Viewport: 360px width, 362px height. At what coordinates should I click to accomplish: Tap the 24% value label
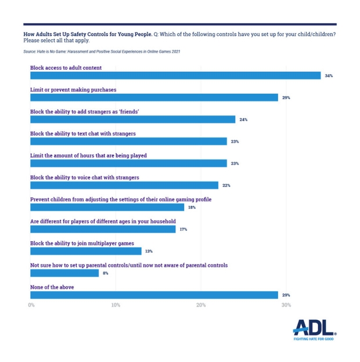243,120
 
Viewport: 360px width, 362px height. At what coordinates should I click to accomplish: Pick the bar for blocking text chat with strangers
128,141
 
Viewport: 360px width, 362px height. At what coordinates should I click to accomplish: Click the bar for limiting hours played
128,163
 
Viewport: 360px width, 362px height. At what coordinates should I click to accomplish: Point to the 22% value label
226,185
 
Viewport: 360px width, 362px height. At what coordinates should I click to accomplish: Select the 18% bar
107,207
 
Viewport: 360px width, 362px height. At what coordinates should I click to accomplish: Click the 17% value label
183,229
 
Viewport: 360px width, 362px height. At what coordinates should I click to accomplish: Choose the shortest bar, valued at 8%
64,273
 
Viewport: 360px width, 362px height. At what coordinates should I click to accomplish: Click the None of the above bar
154,295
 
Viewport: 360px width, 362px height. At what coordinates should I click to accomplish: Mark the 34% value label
329,75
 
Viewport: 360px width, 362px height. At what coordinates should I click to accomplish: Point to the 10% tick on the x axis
116,305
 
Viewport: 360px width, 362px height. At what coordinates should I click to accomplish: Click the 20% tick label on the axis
201,305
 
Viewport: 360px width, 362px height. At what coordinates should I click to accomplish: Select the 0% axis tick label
31,305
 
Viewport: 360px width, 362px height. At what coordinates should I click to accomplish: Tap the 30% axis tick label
286,305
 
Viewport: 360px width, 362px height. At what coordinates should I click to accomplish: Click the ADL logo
314,329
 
